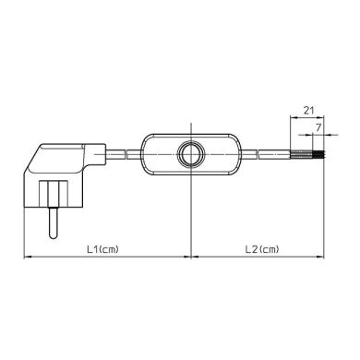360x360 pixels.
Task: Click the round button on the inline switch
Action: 192,154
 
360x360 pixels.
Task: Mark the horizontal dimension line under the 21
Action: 310,117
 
